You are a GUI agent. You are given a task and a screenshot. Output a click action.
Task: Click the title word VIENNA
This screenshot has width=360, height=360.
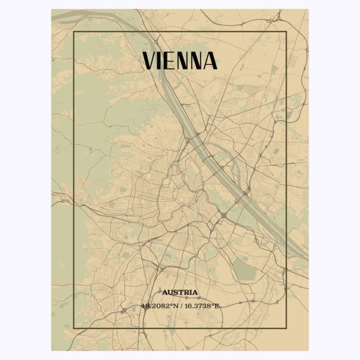(x=180, y=61)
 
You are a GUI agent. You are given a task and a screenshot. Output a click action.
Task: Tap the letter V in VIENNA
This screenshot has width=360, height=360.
(x=150, y=61)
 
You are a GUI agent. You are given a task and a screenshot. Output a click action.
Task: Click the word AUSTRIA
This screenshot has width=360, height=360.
(x=180, y=292)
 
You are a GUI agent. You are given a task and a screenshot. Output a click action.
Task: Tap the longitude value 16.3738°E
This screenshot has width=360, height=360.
(x=200, y=306)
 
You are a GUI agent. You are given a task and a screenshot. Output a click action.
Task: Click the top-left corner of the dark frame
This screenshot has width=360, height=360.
(x=73, y=32)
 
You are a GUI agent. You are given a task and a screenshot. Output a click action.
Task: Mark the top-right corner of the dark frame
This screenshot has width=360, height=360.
(x=287, y=32)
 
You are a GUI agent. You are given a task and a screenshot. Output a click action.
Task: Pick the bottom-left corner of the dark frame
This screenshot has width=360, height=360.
(x=73, y=328)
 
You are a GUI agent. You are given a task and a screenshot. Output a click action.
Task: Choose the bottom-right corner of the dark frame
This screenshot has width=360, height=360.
(x=287, y=328)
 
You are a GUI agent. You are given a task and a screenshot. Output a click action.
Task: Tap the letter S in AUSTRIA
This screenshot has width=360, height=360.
(x=176, y=292)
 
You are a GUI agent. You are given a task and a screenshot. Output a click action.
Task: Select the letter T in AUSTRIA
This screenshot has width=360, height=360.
(x=181, y=292)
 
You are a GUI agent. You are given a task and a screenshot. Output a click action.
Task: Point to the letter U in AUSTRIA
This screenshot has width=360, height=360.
(x=169, y=292)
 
